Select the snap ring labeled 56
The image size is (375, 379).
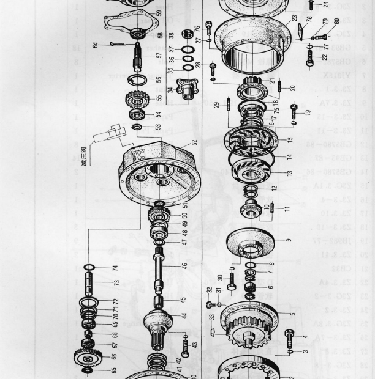coord(140,80)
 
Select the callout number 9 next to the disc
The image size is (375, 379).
coord(287,240)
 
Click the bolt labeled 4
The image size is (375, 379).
coord(289,334)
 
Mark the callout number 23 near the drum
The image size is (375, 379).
coord(294,18)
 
